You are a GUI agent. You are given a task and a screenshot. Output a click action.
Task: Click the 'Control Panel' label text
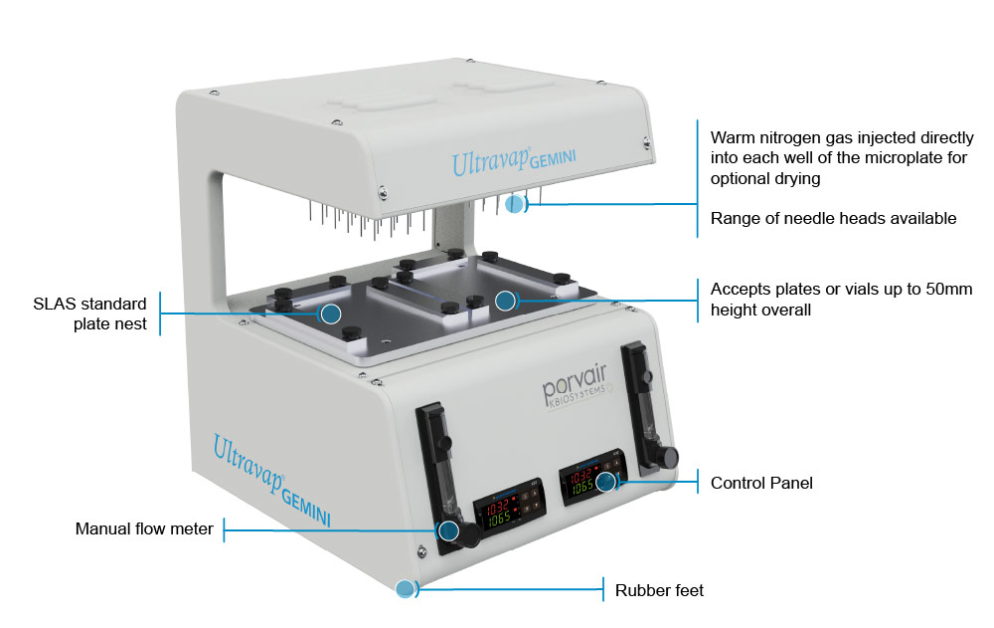pyautogui.click(x=761, y=484)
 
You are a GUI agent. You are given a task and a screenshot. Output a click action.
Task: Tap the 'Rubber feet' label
pyautogui.click(x=659, y=590)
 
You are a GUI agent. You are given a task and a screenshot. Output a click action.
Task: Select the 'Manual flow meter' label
pyautogui.click(x=144, y=528)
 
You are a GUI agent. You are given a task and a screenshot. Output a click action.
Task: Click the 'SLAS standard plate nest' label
pyautogui.click(x=90, y=314)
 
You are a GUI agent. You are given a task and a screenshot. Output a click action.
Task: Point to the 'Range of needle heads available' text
pyautogui.click(x=833, y=218)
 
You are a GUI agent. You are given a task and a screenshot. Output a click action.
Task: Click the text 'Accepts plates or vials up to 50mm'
pyautogui.click(x=841, y=290)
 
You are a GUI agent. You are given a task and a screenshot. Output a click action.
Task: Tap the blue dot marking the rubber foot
pyautogui.click(x=406, y=588)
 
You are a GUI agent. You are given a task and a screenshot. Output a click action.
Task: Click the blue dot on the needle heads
pyautogui.click(x=515, y=204)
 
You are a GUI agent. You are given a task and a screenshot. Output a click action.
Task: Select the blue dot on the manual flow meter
pyautogui.click(x=449, y=530)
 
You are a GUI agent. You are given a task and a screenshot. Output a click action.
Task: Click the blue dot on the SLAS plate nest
pyautogui.click(x=330, y=314)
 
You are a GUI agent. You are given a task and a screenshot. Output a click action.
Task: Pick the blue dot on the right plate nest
pyautogui.click(x=505, y=301)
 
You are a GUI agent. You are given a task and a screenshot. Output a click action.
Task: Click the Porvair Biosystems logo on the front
pyautogui.click(x=575, y=386)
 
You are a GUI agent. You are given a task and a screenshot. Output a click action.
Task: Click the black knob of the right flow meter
pyautogui.click(x=666, y=457)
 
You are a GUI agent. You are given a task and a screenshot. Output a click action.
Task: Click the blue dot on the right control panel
pyautogui.click(x=606, y=482)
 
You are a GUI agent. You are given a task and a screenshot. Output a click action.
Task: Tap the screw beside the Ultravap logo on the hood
pyautogui.click(x=383, y=192)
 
